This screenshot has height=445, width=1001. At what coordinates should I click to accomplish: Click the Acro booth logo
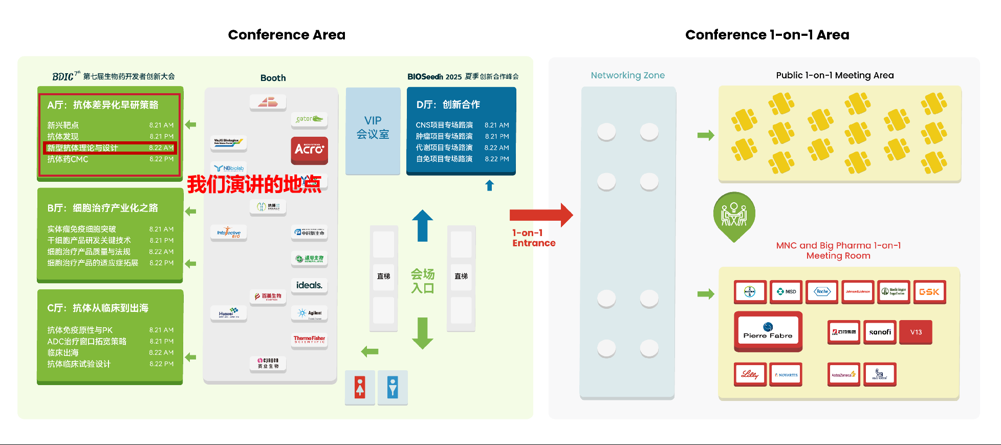pyautogui.click(x=309, y=150)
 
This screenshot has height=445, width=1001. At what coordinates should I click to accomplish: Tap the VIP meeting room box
pyautogui.click(x=373, y=131)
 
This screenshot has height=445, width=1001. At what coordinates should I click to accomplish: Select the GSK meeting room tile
pyautogui.click(x=929, y=292)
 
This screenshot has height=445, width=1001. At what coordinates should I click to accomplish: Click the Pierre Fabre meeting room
pyautogui.click(x=768, y=331)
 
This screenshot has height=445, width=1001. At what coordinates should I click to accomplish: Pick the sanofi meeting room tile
pyautogui.click(x=880, y=332)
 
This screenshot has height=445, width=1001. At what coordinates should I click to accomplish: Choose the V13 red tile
pyautogui.click(x=916, y=332)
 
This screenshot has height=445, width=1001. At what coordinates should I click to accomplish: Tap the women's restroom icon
pyautogui.click(x=360, y=388)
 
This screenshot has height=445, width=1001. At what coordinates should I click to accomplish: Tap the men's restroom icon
pyautogui.click(x=393, y=388)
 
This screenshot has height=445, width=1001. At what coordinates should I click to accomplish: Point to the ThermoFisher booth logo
pyautogui.click(x=309, y=339)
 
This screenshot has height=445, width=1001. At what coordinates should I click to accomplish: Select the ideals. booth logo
pyautogui.click(x=309, y=285)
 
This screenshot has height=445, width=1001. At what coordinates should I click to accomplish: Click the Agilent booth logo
pyautogui.click(x=309, y=313)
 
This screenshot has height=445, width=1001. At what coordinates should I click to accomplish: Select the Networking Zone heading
pyautogui.click(x=627, y=75)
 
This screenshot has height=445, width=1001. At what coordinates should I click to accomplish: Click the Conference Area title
pyautogui.click(x=287, y=35)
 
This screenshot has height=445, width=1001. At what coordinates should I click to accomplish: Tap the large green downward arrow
pyautogui.click(x=422, y=333)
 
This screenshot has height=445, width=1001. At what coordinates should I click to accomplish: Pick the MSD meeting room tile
pyautogui.click(x=786, y=292)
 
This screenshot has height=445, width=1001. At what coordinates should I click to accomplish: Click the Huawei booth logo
pyautogui.click(x=228, y=313)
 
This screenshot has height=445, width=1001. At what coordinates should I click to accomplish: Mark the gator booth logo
pyautogui.click(x=309, y=119)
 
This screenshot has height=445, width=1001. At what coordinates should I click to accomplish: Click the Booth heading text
pyautogui.click(x=273, y=78)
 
